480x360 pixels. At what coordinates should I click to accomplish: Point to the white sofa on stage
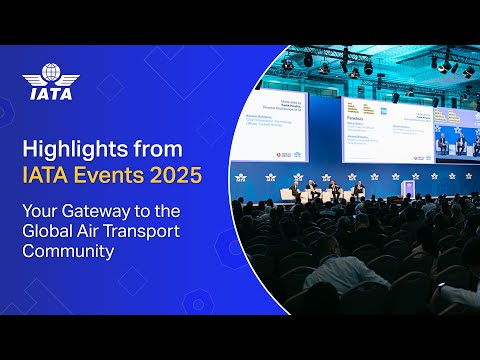point(299,193)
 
